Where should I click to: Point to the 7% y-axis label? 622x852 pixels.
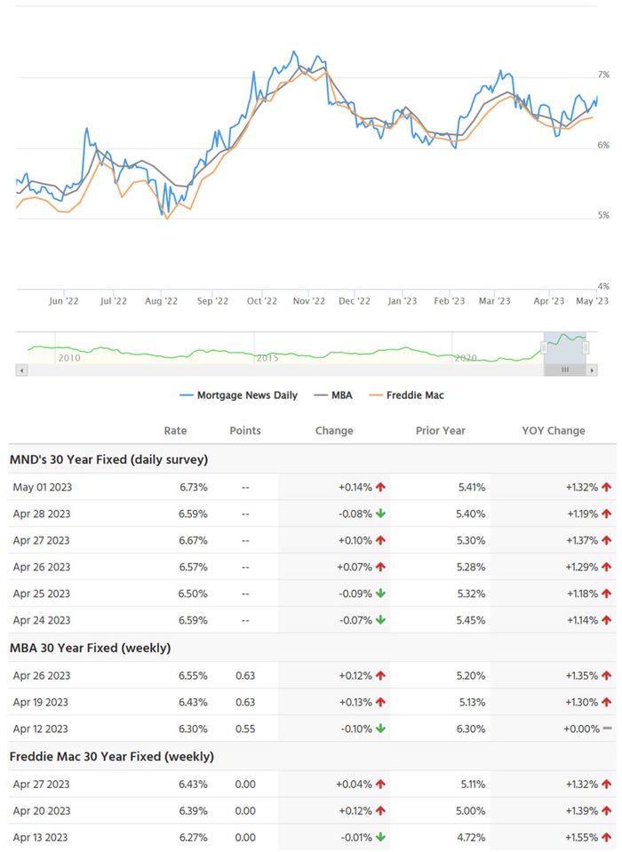pos(602,76)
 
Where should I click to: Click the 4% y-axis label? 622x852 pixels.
pos(602,286)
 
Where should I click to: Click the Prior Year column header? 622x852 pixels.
pos(442,431)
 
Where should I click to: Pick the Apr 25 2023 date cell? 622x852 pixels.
pos(42,593)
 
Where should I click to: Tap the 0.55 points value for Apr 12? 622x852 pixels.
pos(245,729)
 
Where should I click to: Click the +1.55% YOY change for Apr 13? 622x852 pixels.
pos(582,838)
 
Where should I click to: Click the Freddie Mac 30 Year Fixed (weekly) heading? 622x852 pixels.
pos(111,757)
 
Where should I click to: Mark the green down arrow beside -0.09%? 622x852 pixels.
pos(380,593)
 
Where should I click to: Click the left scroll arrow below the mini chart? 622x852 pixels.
pos(21,370)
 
